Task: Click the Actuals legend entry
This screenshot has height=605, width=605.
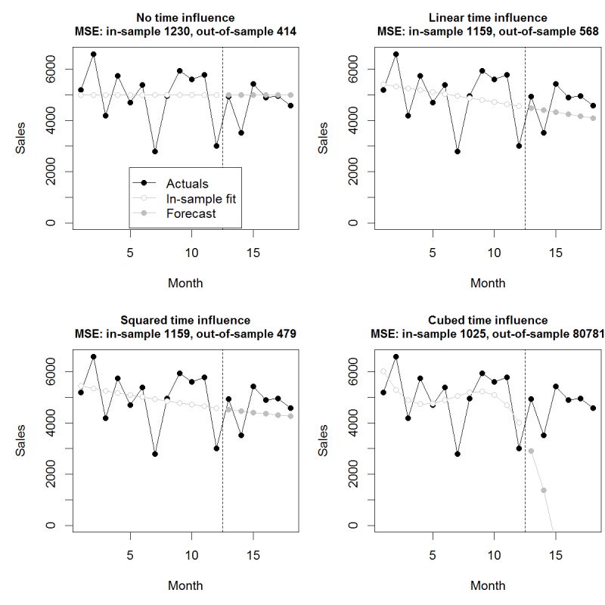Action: tap(187, 184)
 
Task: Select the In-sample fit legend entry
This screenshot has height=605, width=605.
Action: tap(200, 199)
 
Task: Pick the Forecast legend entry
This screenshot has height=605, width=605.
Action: tap(191, 214)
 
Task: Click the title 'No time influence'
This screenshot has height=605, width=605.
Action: tap(185, 17)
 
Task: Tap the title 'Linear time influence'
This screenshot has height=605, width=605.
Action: tap(488, 17)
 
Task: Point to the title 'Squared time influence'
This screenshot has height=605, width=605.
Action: tap(185, 320)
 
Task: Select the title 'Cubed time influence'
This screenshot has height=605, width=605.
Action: tap(488, 320)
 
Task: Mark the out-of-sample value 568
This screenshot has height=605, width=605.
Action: tap(588, 32)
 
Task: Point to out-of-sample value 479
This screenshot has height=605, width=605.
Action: tap(286, 334)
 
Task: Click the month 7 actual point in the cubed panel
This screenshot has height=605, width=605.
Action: tap(457, 454)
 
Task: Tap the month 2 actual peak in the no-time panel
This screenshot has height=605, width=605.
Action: tap(93, 54)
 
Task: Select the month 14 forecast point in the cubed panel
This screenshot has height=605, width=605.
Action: tap(543, 490)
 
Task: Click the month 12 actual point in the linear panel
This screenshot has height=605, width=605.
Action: tap(519, 146)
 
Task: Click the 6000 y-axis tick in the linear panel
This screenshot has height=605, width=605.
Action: tap(353, 69)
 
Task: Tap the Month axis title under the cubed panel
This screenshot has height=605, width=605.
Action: tap(488, 585)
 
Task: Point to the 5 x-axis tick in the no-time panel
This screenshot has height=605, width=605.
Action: tap(130, 253)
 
